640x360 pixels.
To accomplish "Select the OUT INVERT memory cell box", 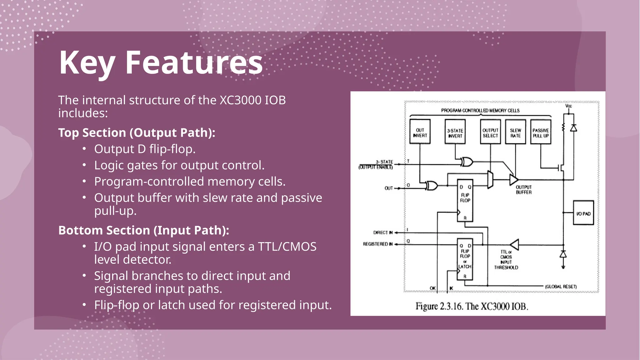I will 420,132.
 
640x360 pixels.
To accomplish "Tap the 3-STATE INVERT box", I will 455,132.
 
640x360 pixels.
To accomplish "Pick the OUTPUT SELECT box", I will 490,132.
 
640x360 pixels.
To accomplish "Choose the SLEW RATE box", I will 515,132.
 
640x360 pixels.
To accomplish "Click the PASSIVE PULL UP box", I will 541,132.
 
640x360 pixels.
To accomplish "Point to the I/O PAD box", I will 583,213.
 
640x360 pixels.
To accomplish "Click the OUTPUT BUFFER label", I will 523,190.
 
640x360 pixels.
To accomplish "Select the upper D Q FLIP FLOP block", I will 465,200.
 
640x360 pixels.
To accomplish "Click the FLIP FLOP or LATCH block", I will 465,259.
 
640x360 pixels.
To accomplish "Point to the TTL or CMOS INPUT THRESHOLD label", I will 506,260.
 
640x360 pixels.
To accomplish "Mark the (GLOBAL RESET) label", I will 561,287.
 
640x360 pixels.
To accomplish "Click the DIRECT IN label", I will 383,232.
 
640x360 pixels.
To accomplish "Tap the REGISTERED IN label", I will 377,244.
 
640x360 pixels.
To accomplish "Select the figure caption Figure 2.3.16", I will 472,306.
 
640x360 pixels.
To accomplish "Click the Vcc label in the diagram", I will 568,106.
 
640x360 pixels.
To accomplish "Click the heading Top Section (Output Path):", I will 137,133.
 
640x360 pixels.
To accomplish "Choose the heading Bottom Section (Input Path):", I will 144,230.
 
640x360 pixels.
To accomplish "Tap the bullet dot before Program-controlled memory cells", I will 84,181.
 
